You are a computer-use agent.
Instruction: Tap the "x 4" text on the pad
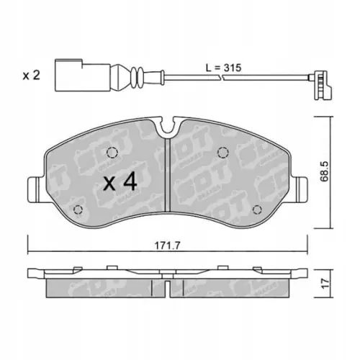tap(120, 181)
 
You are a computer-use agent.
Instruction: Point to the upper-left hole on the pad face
tap(112, 153)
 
